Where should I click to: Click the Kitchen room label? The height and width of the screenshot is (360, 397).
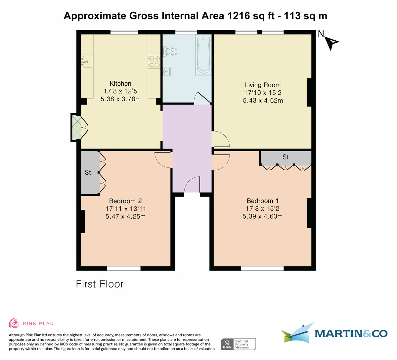coord(120,84)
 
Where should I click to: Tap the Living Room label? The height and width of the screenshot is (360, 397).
coord(263,85)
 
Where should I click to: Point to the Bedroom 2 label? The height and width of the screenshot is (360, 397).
coord(125,201)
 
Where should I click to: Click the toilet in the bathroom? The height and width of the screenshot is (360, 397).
coord(171,52)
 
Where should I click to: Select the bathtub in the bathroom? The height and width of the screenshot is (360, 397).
coord(203,55)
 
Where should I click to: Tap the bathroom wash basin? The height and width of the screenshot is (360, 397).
coord(167,71)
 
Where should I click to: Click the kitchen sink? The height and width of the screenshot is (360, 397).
coord(87,62)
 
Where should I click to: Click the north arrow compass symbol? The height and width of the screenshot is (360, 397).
coord(331,42)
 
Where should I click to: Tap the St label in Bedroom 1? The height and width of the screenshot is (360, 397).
coord(286,157)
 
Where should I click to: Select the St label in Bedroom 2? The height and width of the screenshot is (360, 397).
coord(88,172)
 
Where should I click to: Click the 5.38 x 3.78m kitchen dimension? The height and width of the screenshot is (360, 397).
coord(120,99)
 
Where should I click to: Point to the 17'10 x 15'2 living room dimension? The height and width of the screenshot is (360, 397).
coord(263,93)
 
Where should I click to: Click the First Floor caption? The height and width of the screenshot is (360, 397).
coord(100,284)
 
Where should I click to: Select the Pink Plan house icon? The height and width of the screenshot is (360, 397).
coord(14,323)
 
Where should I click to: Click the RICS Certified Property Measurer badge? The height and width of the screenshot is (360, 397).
coord(238,344)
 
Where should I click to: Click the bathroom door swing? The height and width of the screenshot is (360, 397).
coord(201,98)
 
